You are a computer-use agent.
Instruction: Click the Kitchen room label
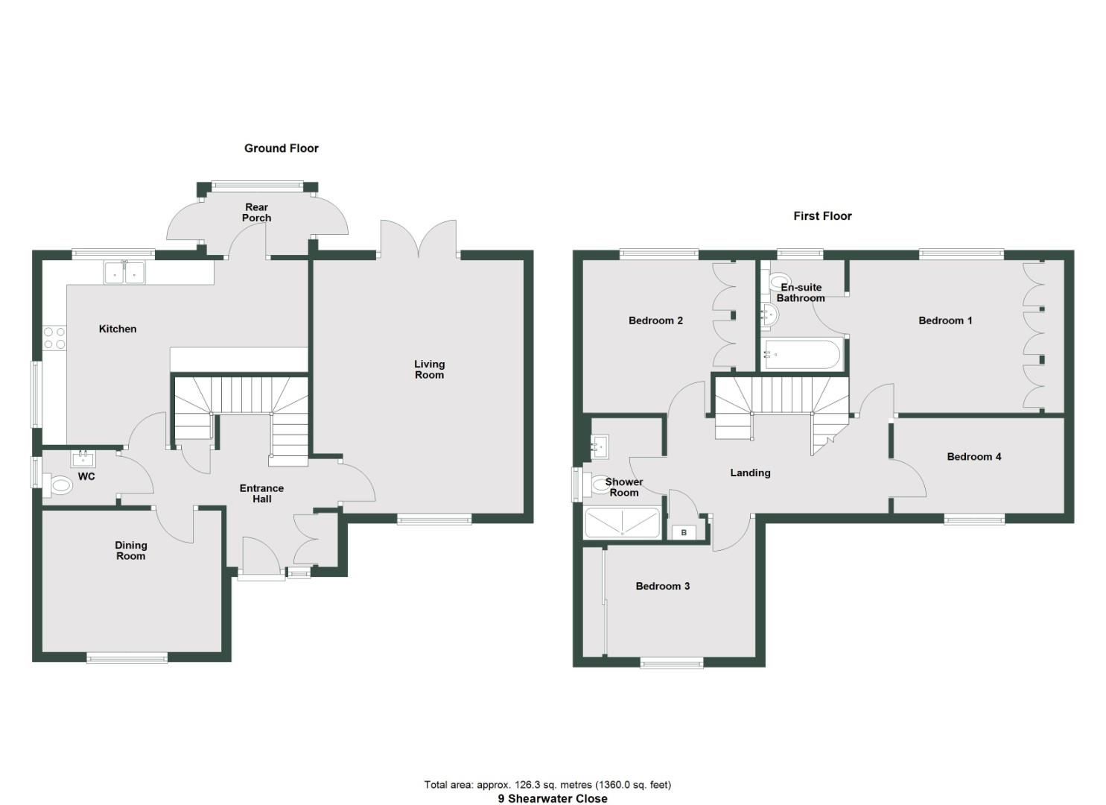tap(118, 329)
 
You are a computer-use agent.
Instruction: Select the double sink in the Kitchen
tap(124, 273)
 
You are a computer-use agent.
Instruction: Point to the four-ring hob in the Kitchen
tap(54, 338)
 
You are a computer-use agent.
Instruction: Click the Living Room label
tap(429, 369)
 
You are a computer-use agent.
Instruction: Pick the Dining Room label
tap(130, 550)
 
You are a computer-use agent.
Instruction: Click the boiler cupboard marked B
tap(684, 532)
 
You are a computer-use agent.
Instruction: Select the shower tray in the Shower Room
tap(622, 523)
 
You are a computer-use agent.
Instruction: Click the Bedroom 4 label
tap(973, 456)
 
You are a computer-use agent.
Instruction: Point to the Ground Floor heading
tap(281, 148)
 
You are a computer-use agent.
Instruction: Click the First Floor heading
tap(822, 216)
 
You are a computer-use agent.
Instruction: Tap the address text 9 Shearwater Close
tap(553, 798)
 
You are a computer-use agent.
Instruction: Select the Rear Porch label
tap(256, 212)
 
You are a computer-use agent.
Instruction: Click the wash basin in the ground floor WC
tap(83, 457)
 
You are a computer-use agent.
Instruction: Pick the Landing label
tap(750, 473)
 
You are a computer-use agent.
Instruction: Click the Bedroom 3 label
tap(662, 586)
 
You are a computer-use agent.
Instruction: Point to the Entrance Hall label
tap(261, 493)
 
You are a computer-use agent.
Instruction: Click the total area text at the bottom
tap(547, 784)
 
